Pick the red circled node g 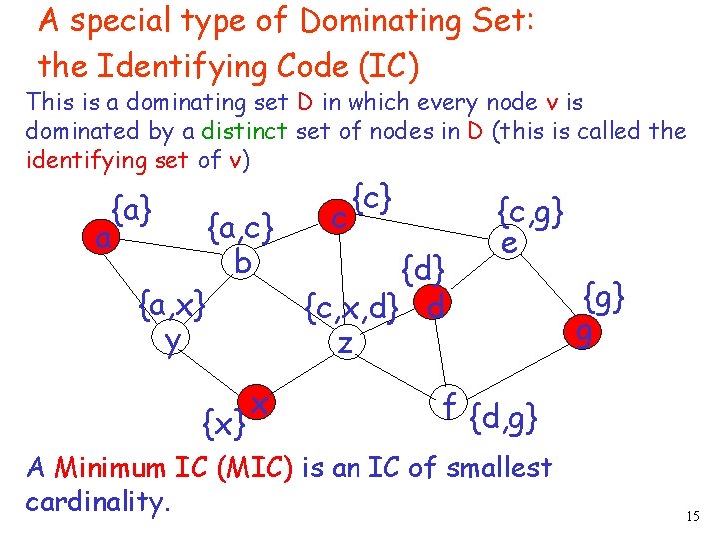point(584,331)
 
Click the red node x point(258,403)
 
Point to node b point(241,262)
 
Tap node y point(173,340)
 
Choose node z point(344,343)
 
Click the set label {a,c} point(240,229)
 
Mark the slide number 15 point(693,516)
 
